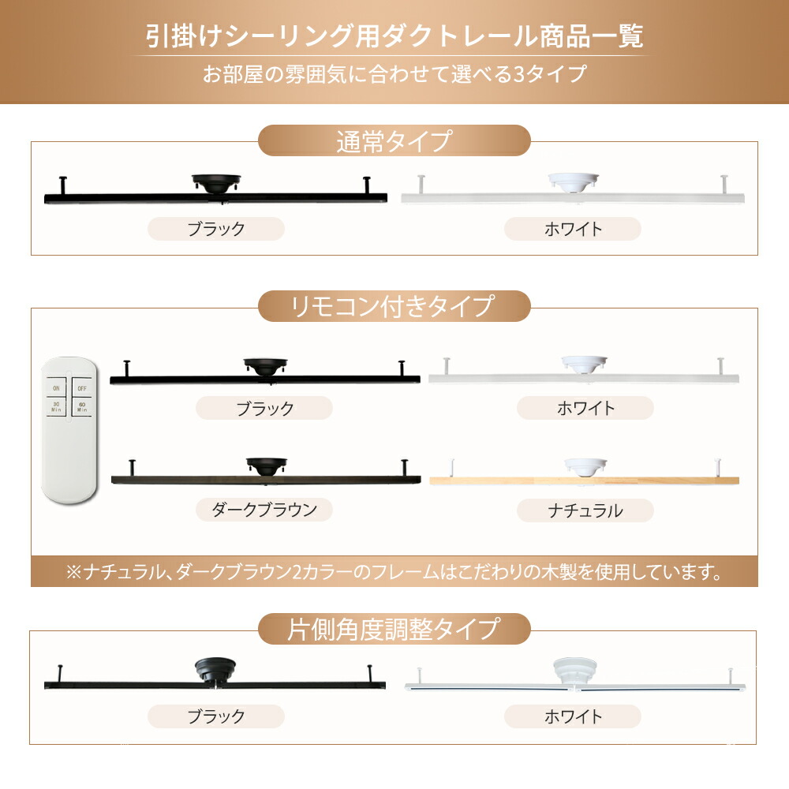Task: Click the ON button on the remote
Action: tap(56, 387)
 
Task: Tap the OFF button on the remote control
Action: tap(82, 387)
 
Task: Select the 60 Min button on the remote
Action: tap(82, 406)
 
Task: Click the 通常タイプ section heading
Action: tap(394, 140)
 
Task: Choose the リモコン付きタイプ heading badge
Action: tap(394, 306)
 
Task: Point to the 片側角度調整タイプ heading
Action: tap(394, 629)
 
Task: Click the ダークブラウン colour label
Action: tap(264, 510)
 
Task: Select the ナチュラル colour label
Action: tap(585, 510)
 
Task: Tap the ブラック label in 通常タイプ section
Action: tap(216, 229)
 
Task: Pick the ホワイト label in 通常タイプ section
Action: tap(573, 229)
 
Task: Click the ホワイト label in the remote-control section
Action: tap(585, 408)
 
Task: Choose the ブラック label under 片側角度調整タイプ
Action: tap(216, 716)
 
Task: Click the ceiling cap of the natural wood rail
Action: tap(585, 466)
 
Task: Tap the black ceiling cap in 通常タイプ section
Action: tap(216, 183)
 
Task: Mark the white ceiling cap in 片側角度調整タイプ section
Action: tap(575, 671)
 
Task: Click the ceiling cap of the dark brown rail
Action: tap(267, 466)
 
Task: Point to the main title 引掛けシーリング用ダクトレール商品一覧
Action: tap(394, 36)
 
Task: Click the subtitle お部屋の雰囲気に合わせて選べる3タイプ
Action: tap(394, 74)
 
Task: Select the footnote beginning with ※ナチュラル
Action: tap(394, 571)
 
